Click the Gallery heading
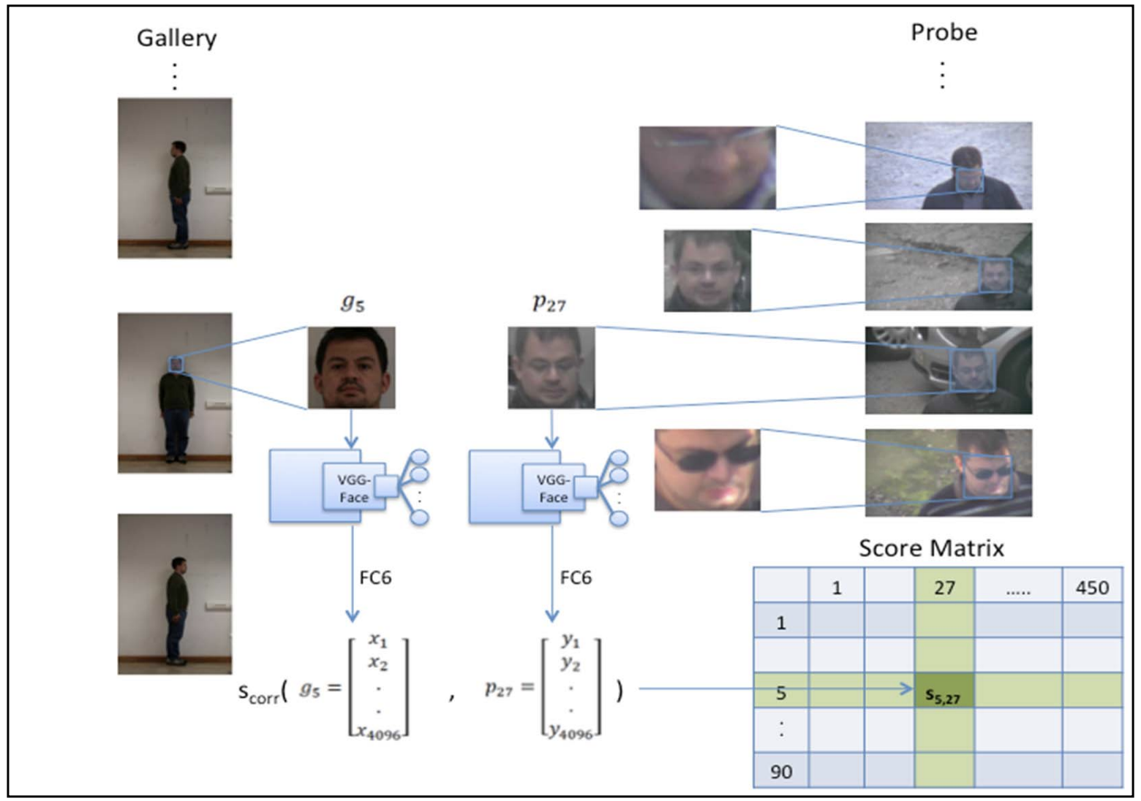176,38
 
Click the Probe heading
944,32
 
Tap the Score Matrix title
931,548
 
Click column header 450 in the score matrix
1092,588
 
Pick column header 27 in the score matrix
944,588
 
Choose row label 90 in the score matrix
781,772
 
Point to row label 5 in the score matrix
781,692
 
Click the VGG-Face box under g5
354,488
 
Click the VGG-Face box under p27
554,488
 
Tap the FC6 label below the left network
375,578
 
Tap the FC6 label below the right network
576,578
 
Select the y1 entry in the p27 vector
570,641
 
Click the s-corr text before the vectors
260,691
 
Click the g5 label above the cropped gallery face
353,302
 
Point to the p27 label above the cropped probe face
549,302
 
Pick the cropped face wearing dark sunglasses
707,469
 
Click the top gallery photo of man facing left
175,178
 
